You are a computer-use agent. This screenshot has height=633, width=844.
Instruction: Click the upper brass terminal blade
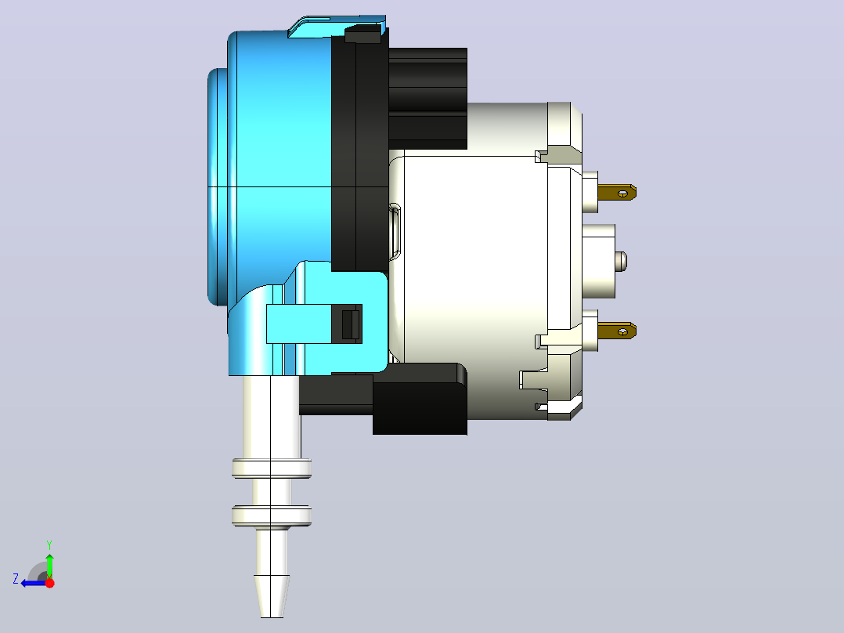point(617,192)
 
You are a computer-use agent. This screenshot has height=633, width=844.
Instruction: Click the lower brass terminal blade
point(617,331)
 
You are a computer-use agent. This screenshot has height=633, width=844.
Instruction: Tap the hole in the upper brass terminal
point(623,194)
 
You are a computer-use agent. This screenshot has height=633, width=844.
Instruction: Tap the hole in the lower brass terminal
point(623,332)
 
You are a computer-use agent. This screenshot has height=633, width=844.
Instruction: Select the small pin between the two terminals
point(621,262)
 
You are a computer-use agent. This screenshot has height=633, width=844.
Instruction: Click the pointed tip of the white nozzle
point(272,617)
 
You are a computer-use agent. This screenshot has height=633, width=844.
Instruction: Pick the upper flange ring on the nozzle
point(272,468)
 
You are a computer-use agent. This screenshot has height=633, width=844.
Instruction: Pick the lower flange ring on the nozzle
point(272,516)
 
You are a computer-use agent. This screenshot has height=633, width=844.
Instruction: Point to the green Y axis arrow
point(49,564)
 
